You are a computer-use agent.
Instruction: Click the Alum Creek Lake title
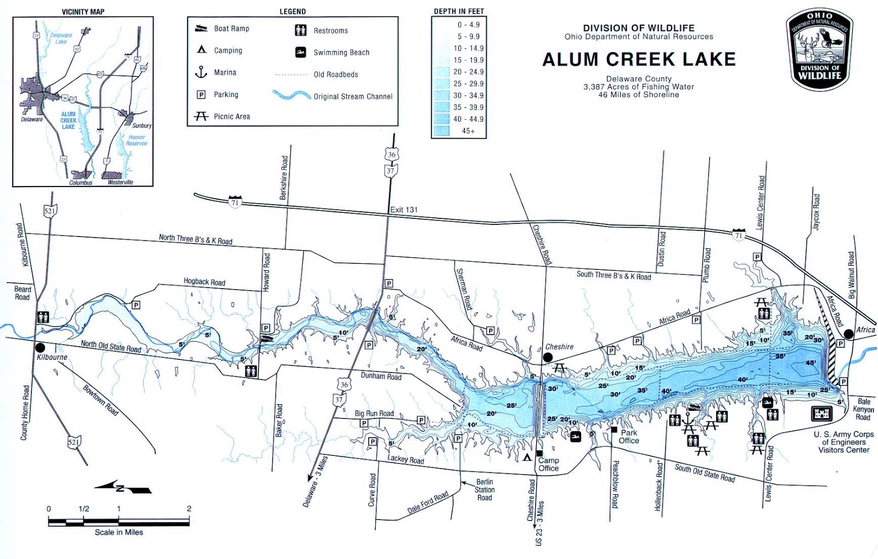point(639,59)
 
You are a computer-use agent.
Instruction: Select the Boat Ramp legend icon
point(201,29)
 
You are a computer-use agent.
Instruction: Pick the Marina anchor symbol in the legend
point(201,72)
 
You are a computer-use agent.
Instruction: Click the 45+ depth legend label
point(468,131)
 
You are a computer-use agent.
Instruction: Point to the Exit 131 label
point(404,210)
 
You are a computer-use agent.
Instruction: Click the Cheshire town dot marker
point(548,358)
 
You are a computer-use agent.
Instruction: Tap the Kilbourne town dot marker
point(40,348)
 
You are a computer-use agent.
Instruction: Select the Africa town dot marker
point(849,333)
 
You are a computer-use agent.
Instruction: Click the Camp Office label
point(548,464)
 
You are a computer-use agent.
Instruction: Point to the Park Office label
point(629,437)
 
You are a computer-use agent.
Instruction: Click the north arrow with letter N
point(123,487)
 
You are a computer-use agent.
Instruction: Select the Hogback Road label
point(204,282)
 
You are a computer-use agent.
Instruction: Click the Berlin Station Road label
point(485,490)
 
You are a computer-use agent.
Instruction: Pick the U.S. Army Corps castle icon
point(821,413)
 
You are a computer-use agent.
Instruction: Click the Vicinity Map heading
point(83,12)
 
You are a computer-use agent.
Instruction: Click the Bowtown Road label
point(100,400)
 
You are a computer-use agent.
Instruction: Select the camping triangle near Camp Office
point(527,457)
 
